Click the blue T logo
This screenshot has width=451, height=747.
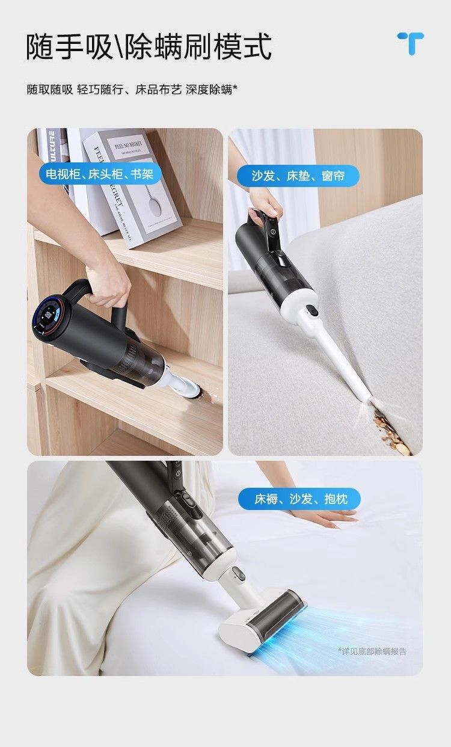click(411, 43)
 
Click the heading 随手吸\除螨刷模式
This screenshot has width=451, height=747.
click(149, 46)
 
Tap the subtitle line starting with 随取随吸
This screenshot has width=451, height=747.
click(132, 90)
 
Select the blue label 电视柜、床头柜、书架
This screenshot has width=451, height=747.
click(100, 173)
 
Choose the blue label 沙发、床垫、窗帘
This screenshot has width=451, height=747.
click(298, 176)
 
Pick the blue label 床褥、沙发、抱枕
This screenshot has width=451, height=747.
click(299, 499)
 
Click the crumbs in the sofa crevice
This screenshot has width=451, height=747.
click(391, 432)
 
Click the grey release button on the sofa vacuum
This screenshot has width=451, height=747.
click(313, 310)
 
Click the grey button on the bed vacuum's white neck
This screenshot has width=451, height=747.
click(238, 573)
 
